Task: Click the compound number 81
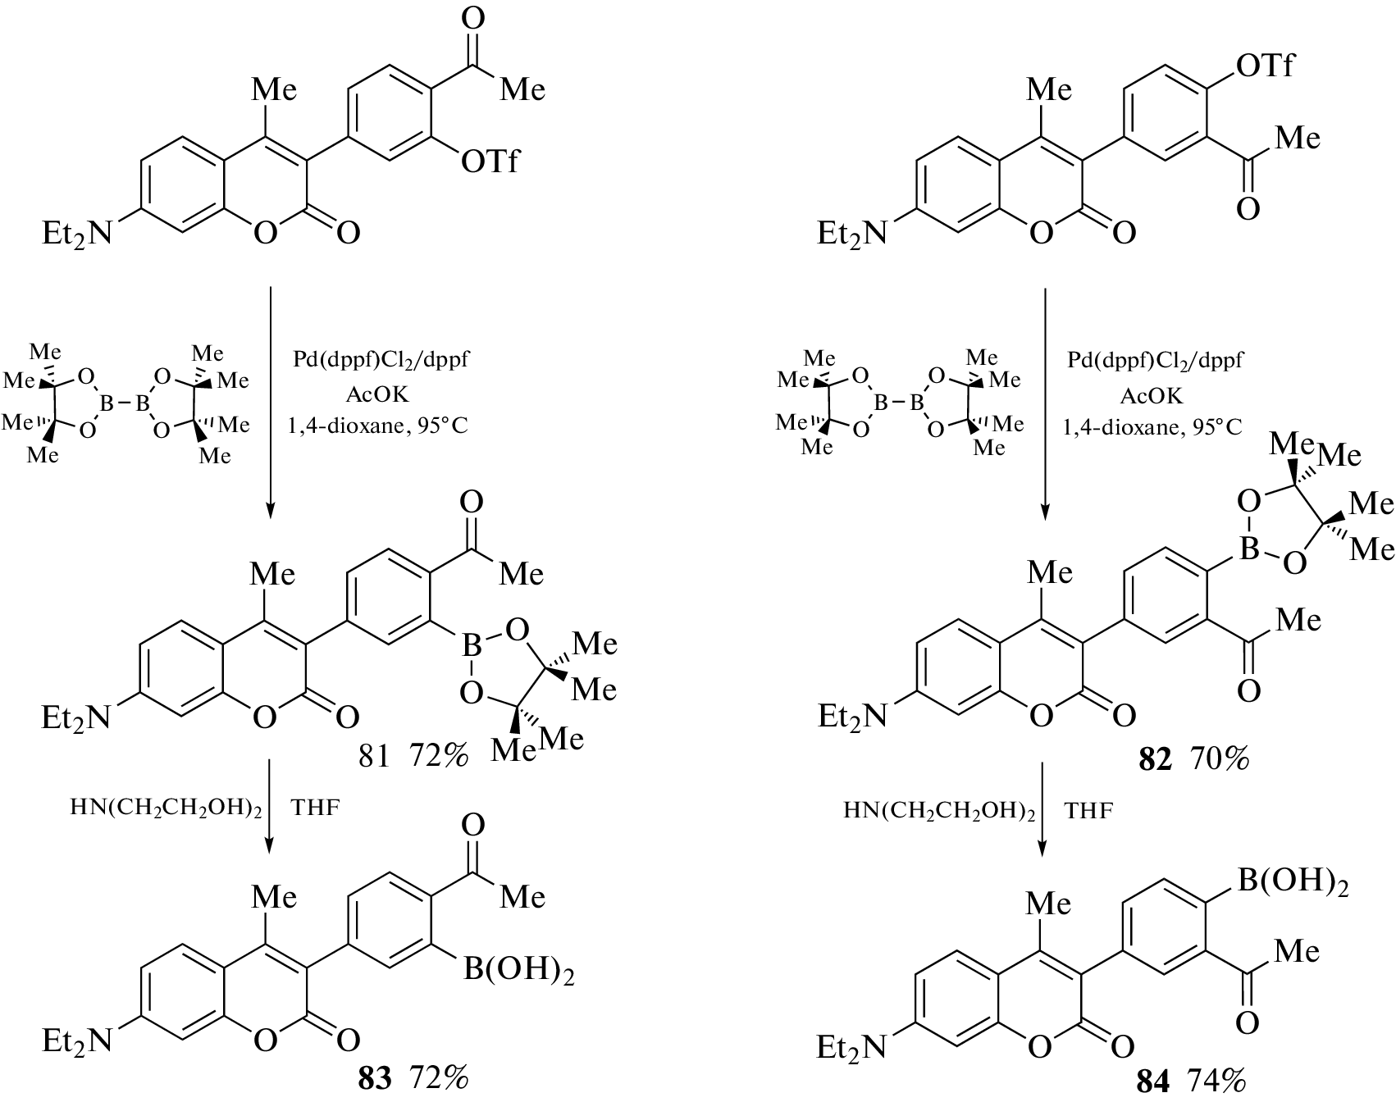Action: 374,757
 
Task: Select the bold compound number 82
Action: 1155,761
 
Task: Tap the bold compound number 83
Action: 376,1080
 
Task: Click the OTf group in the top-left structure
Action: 490,162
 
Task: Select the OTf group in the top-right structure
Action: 1264,66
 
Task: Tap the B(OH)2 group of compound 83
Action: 518,972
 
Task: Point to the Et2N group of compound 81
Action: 75,719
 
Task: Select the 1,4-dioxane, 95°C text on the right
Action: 1152,427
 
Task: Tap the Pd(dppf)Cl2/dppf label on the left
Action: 381,361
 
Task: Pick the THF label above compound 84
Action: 1088,812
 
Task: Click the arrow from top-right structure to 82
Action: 1044,402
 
